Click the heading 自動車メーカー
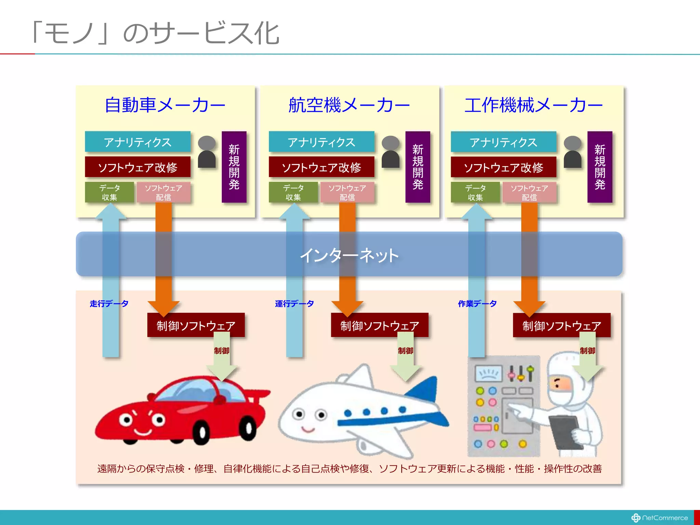tap(165, 105)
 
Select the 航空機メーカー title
tap(349, 105)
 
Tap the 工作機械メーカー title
tap(533, 105)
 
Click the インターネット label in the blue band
tap(349, 255)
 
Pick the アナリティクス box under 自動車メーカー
tap(137, 142)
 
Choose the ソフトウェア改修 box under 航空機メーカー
tap(321, 167)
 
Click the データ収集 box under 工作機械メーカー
tap(475, 192)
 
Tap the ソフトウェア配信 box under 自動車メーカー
tap(163, 192)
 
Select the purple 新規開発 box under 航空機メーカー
tap(418, 167)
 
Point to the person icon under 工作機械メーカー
tap(573, 152)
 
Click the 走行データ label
tap(109, 304)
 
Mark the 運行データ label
tap(294, 304)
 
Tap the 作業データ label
tap(477, 304)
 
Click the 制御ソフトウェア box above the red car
tap(196, 325)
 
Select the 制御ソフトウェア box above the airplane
tap(379, 325)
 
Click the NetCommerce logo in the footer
tap(660, 518)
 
